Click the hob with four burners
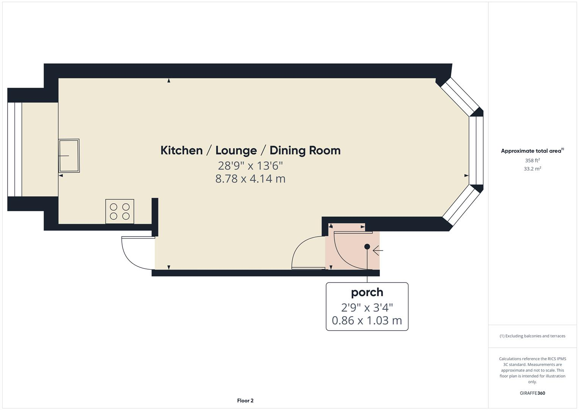point(119,211)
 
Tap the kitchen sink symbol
point(69,156)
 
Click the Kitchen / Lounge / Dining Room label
point(250,150)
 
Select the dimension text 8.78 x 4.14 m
point(250,178)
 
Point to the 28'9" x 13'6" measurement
point(250,166)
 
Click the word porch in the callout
point(367,292)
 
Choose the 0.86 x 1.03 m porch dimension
point(367,320)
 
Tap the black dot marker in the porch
point(367,247)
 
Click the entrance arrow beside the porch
point(378,251)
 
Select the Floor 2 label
point(245,401)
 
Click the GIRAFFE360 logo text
point(532,393)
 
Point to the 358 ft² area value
point(532,161)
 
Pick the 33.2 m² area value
point(532,169)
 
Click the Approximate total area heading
point(532,151)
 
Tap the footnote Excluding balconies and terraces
point(532,336)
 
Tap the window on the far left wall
point(15,149)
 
